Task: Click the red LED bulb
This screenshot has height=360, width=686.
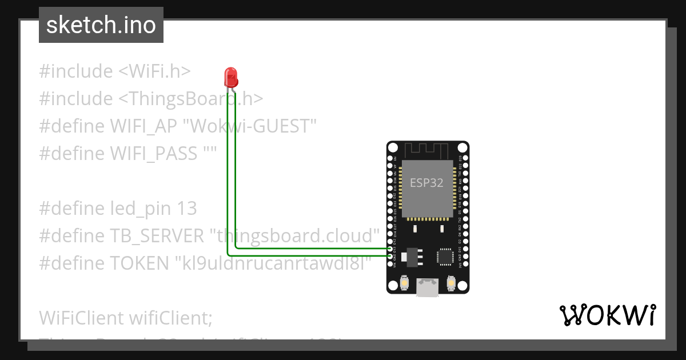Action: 231,77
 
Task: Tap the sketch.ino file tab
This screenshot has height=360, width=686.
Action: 101,25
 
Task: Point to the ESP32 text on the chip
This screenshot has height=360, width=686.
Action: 426,183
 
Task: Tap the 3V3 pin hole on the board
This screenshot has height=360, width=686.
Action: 465,264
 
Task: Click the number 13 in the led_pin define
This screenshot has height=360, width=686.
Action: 186,209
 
